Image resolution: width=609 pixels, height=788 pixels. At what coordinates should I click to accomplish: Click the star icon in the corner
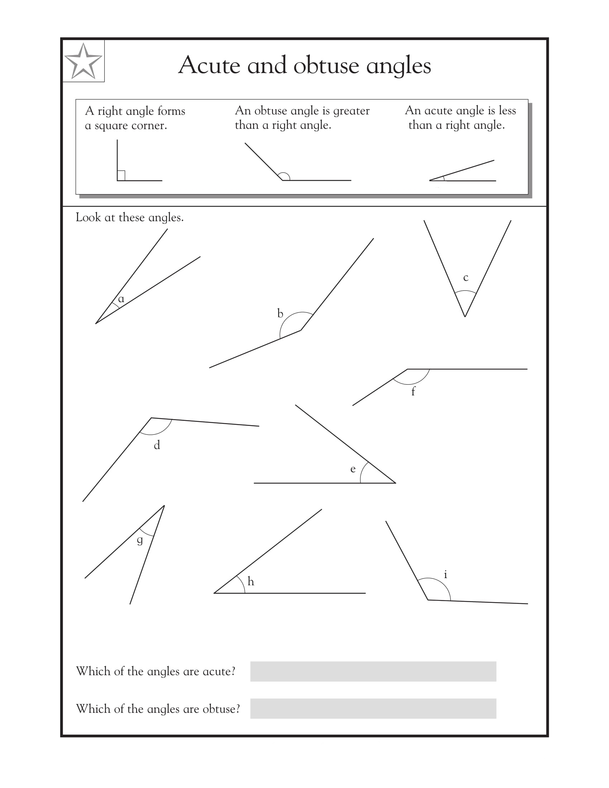coord(83,61)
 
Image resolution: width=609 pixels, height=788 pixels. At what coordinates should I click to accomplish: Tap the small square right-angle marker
coord(121,176)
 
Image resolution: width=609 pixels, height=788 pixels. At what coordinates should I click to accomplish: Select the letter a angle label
coord(121,299)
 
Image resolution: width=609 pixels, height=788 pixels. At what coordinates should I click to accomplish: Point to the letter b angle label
coord(280,313)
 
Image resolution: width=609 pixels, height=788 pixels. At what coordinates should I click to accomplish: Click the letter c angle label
coord(466,278)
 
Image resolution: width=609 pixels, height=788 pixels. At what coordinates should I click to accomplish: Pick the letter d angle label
coord(157,445)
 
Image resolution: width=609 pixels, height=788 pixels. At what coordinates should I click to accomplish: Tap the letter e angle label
coord(353,469)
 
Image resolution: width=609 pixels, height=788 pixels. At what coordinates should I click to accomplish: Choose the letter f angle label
coord(413,391)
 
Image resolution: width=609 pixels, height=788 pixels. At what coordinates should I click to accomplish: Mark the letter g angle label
coord(140,540)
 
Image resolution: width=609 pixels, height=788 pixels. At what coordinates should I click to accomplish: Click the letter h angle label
coord(251,581)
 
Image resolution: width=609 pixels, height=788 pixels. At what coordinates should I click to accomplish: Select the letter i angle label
coord(446,574)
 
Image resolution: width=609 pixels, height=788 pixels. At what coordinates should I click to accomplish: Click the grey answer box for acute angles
coord(373,672)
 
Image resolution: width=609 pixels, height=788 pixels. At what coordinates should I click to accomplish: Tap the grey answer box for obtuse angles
coord(373,708)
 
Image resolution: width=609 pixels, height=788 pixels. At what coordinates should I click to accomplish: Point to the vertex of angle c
coord(465,317)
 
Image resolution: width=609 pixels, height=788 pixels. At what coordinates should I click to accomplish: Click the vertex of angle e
coord(396,483)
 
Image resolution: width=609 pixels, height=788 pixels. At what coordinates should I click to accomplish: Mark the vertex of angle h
coord(214,593)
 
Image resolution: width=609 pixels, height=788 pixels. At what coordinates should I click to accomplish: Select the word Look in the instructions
coord(88,217)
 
